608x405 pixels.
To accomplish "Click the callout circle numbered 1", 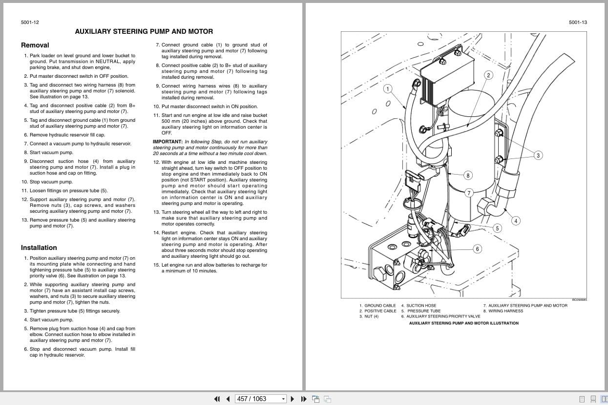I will tap(388, 89).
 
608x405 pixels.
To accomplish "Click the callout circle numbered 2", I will tap(488, 75).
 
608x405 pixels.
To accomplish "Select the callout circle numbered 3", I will tap(538, 156).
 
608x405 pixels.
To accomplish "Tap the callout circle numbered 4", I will tap(516, 221).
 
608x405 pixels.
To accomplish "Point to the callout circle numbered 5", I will tap(497, 228).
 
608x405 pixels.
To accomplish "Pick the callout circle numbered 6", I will tap(477, 249).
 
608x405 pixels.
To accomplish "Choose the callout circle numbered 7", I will tap(469, 193).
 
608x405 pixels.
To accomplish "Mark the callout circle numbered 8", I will tap(468, 175).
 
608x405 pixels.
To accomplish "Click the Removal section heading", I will tap(35, 45).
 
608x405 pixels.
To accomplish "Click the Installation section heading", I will tap(39, 247).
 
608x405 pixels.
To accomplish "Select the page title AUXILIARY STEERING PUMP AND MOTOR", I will tap(144, 31).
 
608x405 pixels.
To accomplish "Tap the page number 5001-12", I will tap(30, 22).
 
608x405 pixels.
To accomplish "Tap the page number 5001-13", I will tap(578, 22).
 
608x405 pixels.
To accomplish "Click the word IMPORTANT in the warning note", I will tap(167, 142).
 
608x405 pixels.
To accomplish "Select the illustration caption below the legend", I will tap(463, 323).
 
